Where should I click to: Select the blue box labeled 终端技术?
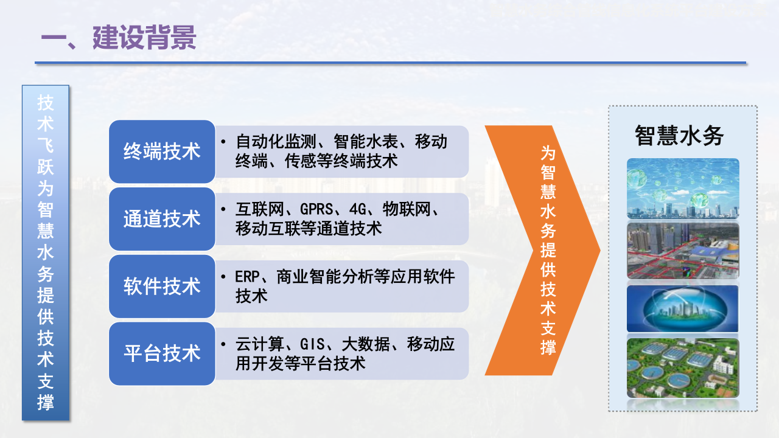(162, 151)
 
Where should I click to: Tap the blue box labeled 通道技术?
(162, 219)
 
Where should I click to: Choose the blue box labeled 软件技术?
(162, 286)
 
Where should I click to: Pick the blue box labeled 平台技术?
(162, 353)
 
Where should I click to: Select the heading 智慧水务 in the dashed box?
(679, 136)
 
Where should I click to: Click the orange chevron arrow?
(542, 250)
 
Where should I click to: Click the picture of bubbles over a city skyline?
(683, 189)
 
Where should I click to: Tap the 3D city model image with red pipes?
(683, 251)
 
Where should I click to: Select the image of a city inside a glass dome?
(683, 309)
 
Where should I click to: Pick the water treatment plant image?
(683, 369)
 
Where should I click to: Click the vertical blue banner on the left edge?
(46, 252)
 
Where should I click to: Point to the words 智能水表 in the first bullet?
(366, 142)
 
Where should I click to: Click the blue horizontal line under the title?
(390, 63)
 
